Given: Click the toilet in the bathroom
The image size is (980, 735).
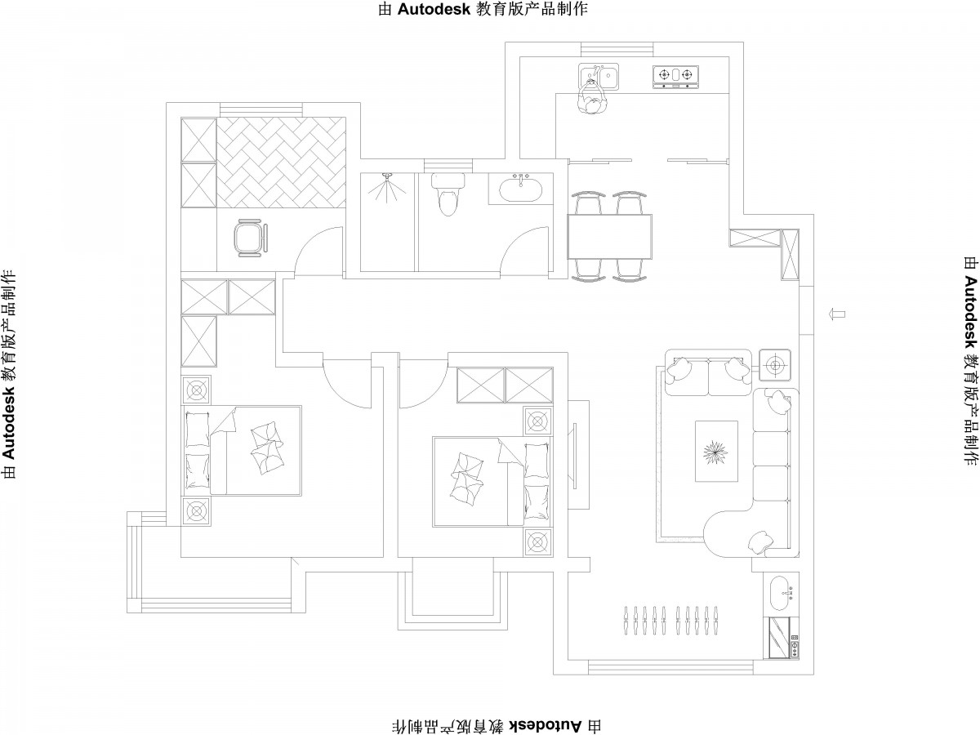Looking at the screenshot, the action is (448, 194).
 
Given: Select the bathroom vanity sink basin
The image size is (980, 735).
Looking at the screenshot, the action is (520, 189).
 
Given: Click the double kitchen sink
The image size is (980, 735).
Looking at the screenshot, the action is (599, 76).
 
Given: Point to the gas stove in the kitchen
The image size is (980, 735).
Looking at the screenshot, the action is (675, 78).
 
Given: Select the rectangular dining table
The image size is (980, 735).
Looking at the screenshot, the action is (609, 237).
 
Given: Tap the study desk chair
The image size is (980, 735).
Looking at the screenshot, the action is (252, 238).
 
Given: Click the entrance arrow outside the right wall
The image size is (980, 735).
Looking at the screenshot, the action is (836, 314).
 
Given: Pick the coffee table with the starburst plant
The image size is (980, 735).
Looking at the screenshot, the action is (716, 451).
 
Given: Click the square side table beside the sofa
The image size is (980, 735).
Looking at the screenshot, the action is (775, 365).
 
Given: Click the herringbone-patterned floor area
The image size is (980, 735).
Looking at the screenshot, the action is (281, 163).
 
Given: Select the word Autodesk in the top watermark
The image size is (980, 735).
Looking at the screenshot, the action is (434, 9).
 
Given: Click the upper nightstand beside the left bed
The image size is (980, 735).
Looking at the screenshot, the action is (197, 390).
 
